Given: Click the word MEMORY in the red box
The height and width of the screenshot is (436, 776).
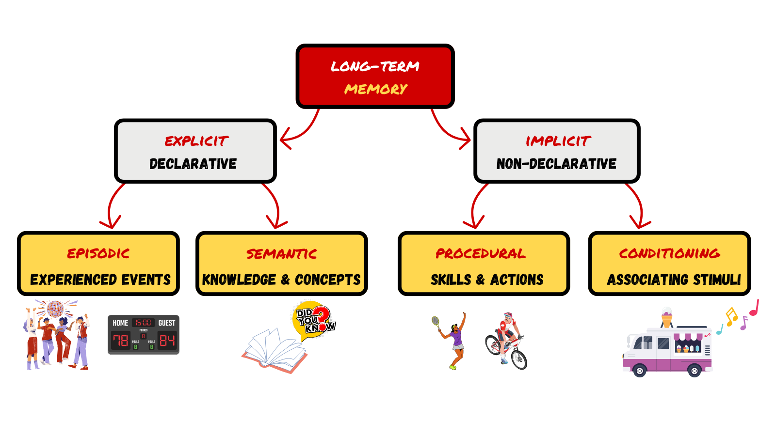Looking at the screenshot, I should (x=376, y=89).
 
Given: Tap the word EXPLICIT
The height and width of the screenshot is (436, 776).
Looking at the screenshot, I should (x=196, y=141).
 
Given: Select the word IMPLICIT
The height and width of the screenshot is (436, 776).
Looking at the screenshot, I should (x=558, y=141).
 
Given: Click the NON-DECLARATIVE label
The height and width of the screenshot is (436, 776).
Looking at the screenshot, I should (x=556, y=164).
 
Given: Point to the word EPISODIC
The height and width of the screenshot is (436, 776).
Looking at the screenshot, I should (x=98, y=253).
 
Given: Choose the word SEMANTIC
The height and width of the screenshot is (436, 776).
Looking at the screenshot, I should (x=281, y=254).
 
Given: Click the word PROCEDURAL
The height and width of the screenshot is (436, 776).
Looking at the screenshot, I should (x=481, y=253).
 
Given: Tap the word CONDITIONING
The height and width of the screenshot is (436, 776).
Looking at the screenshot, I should (x=670, y=253).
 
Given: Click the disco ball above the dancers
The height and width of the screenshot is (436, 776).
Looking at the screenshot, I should (x=55, y=309).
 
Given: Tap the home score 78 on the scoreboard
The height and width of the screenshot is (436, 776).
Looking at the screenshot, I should (x=120, y=341).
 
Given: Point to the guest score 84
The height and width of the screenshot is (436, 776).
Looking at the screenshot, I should (x=167, y=341).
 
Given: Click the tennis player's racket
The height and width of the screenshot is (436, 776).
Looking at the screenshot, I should (x=436, y=322).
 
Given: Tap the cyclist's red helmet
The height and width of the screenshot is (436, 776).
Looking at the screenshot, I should (x=508, y=315).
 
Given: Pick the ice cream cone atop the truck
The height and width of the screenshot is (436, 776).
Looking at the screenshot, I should (x=667, y=317).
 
